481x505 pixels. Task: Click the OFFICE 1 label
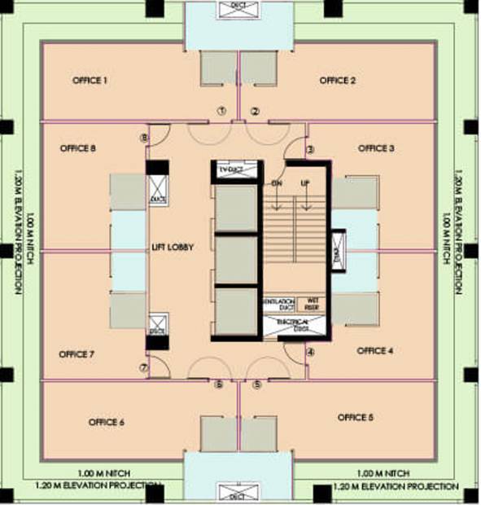[x=90, y=81]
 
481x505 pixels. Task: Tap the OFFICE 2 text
[x=338, y=81]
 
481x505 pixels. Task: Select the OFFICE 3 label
[x=376, y=148]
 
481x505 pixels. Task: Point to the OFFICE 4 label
[x=375, y=351]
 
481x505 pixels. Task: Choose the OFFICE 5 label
[x=356, y=418]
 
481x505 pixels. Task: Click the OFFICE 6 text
[x=107, y=422]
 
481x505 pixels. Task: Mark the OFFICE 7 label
[x=77, y=354]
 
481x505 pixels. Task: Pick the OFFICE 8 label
[x=78, y=148]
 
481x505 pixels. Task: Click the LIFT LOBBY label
[x=173, y=248]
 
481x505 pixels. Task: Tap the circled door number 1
[x=220, y=111]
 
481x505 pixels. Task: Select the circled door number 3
[x=310, y=150]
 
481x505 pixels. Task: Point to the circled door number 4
[x=310, y=352]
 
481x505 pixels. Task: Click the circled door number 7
[x=143, y=368]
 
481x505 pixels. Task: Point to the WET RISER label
[x=310, y=305]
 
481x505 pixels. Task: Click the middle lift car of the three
[x=235, y=260]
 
